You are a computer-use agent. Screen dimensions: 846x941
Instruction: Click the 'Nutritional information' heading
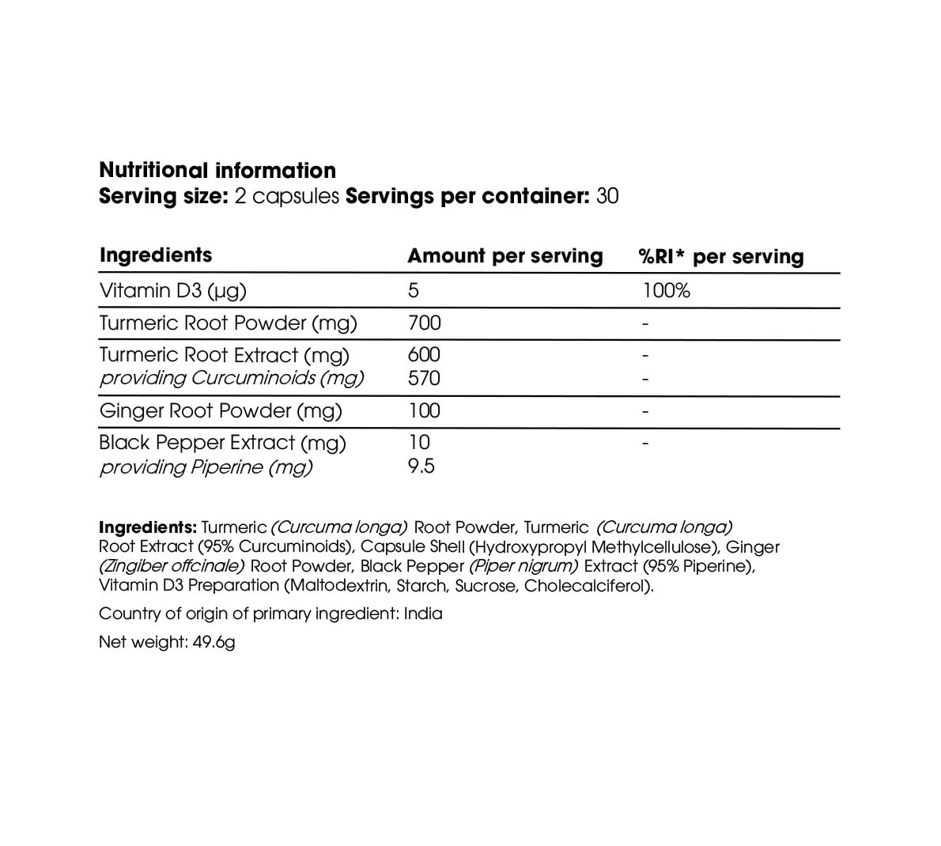[217, 170]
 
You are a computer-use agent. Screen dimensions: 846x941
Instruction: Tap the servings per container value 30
[607, 196]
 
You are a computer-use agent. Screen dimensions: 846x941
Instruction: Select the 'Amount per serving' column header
[505, 256]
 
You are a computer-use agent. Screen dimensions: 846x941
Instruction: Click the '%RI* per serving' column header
[720, 257]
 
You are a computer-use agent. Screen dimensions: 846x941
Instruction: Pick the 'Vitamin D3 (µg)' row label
[172, 291]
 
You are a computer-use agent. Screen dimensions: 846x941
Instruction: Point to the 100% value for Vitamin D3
[666, 291]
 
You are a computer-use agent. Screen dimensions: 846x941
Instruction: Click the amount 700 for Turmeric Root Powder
[425, 323]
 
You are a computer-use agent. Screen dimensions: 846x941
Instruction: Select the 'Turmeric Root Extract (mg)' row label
[224, 355]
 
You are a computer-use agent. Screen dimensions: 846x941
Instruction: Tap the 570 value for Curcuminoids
[424, 378]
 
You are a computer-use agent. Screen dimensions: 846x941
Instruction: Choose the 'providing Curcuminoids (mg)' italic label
[231, 378]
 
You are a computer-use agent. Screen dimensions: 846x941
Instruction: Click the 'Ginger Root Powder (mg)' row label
[220, 410]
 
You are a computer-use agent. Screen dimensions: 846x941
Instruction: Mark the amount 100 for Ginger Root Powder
[424, 410]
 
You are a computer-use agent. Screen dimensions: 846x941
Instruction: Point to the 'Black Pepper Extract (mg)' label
[222, 443]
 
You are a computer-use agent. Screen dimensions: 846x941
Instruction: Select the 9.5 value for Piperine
[421, 466]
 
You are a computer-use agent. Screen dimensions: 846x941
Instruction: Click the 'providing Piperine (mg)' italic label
[206, 467]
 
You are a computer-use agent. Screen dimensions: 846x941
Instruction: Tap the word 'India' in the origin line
[423, 614]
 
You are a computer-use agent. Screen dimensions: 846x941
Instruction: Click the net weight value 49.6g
[214, 642]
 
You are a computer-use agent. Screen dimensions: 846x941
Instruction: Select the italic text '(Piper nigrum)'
[523, 566]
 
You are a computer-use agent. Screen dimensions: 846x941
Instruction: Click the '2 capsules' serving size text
[287, 196]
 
